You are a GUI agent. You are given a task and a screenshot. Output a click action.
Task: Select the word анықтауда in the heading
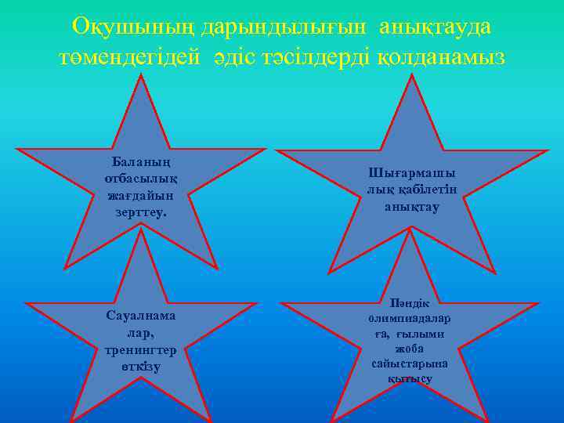click(436, 27)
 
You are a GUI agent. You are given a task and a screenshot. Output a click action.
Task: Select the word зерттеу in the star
click(140, 211)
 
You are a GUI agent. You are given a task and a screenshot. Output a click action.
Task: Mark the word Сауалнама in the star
click(141, 315)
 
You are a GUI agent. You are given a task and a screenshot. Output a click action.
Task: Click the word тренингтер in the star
click(141, 349)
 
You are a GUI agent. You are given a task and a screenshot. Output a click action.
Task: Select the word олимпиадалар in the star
click(409, 319)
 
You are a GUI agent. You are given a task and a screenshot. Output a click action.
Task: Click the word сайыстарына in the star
click(409, 364)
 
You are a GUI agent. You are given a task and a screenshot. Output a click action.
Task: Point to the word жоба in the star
click(409, 349)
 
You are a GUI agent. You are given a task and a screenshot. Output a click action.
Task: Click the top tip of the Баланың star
click(141, 75)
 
